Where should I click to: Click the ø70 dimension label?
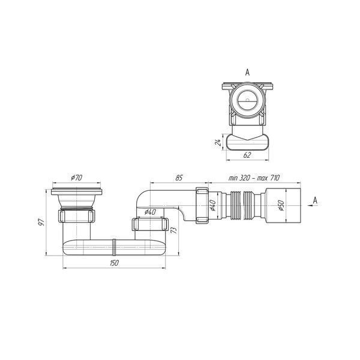pos(76,178)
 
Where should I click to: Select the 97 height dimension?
pos(41,222)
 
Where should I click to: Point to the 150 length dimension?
pos(114,263)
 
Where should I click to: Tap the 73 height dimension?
pos(175,230)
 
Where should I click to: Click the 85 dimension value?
pos(179,178)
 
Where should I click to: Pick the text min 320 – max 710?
pos(254,178)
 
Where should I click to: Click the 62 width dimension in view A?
pos(247,155)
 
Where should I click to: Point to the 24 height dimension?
pos(219,142)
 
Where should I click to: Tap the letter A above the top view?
pos(247,73)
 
